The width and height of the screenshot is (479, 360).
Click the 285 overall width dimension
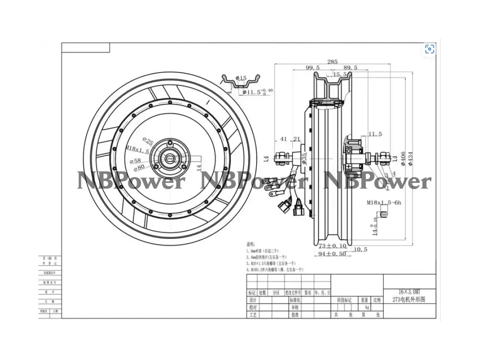coord(332,61)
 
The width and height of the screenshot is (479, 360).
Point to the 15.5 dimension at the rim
coord(340,75)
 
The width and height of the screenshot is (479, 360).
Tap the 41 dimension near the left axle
coord(284,139)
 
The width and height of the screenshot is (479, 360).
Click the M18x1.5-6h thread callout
coord(384,203)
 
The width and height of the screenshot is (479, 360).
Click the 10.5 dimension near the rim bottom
coord(361,249)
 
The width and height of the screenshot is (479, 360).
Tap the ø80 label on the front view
coord(139,167)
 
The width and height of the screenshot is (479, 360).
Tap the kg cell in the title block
coord(367,307)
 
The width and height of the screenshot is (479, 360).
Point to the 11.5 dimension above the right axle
coord(375,134)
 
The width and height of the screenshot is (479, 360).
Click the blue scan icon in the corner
coord(430,49)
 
